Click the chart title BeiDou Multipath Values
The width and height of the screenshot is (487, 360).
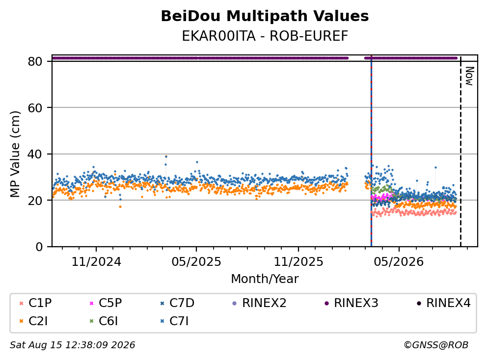click(265, 16)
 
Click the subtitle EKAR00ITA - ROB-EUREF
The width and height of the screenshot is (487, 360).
click(265, 36)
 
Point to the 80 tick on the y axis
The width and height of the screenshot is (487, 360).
click(35, 61)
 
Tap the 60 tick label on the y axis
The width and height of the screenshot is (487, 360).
click(35, 108)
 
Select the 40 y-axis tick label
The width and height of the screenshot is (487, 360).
click(35, 154)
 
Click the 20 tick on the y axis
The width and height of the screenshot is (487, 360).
click(35, 201)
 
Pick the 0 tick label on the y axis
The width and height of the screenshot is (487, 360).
click(39, 247)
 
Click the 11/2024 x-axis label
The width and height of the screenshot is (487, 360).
click(96, 262)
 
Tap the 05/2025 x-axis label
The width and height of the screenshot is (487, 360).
click(196, 262)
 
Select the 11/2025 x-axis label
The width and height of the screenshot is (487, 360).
click(298, 262)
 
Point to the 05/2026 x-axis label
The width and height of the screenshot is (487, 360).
click(399, 262)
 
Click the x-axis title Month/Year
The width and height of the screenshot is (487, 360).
click(265, 279)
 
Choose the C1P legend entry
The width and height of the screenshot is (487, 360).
click(35, 303)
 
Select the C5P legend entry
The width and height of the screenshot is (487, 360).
click(106, 303)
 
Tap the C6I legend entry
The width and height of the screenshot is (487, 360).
click(104, 321)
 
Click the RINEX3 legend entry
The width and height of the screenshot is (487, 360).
click(352, 303)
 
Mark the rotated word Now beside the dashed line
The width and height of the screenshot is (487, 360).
click(469, 76)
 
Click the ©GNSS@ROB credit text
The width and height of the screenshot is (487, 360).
click(436, 345)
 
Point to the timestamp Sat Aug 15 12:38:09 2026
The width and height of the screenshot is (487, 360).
click(72, 345)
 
